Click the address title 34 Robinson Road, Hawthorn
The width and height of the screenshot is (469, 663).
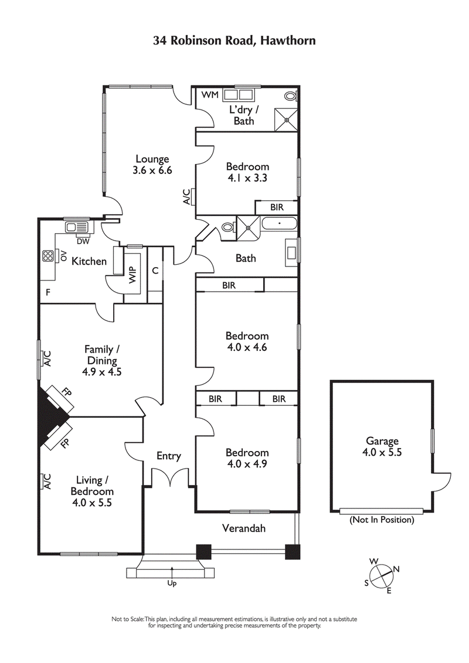pos(235,40)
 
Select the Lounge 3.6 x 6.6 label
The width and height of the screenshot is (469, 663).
pos(152,165)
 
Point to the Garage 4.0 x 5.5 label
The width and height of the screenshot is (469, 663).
pos(383,447)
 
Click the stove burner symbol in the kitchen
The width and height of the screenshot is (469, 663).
pos(47,257)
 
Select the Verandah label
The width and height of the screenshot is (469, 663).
pos(244,528)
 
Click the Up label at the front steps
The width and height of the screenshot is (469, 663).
pos(172,583)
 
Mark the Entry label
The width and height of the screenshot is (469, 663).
pos(169,456)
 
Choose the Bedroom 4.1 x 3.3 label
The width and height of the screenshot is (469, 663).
pos(247,172)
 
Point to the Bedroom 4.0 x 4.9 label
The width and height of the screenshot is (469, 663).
pos(247,459)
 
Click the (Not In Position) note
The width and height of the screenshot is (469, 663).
pos(382,520)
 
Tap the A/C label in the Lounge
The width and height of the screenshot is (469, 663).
pos(186,197)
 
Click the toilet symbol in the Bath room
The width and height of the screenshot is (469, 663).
pos(228,227)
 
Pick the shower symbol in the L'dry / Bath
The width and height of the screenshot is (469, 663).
pos(287,119)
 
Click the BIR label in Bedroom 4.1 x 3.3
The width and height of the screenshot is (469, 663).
pos(277,207)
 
